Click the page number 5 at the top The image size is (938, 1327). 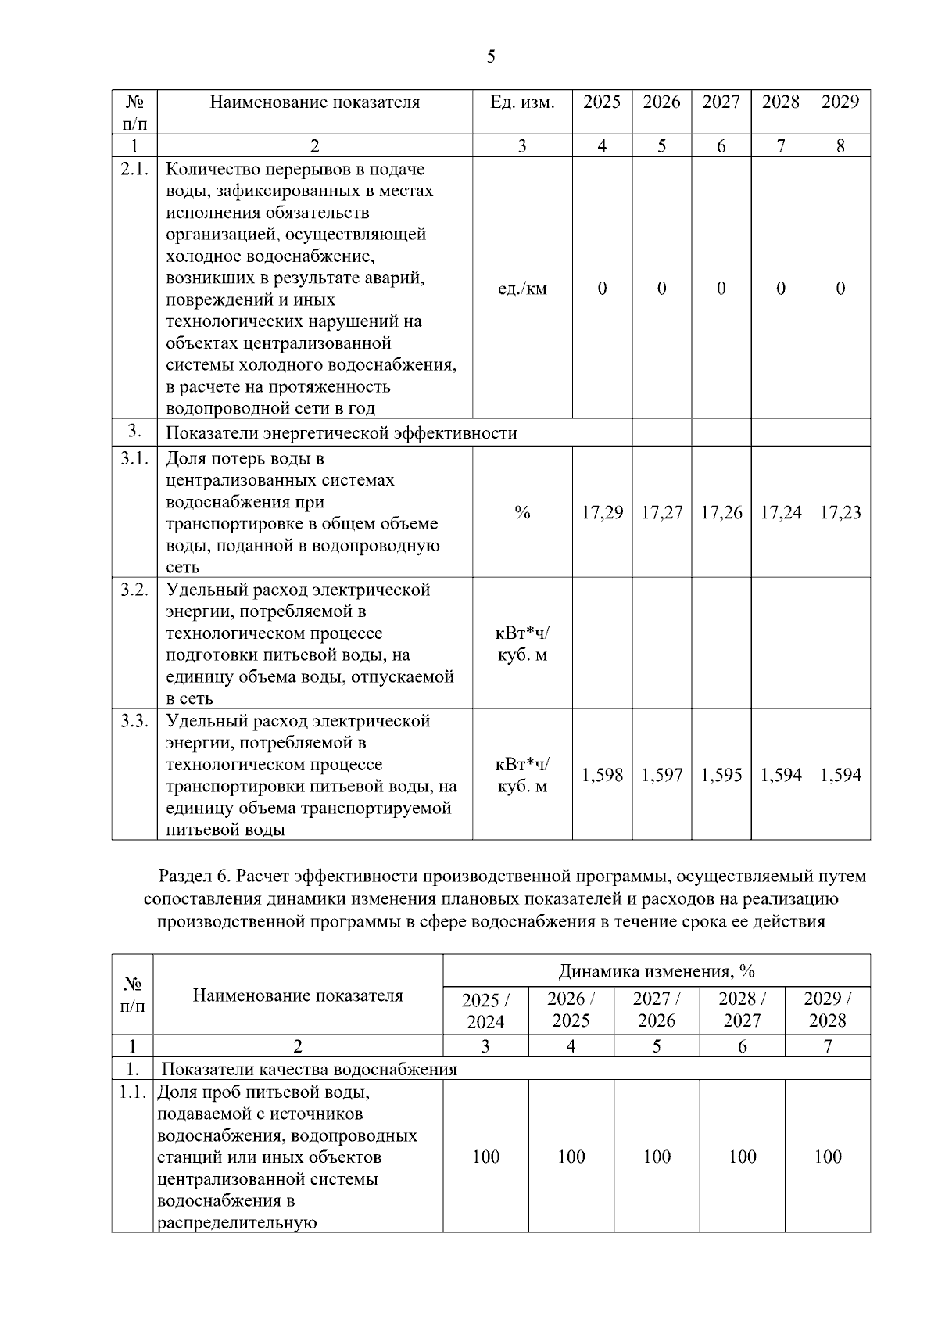[x=491, y=56]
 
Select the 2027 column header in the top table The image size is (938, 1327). [x=721, y=102]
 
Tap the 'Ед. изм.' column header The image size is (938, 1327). [x=522, y=102]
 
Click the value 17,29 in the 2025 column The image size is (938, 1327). [x=602, y=513]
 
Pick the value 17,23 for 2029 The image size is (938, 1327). [x=840, y=513]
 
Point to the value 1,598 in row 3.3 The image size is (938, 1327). [x=602, y=775]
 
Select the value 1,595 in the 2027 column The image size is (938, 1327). [x=721, y=775]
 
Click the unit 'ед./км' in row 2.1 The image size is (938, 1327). [x=522, y=289]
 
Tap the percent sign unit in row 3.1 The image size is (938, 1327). [x=522, y=513]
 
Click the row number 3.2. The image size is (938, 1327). [x=134, y=590]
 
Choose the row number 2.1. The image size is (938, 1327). [x=134, y=169]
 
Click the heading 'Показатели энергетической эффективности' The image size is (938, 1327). [x=342, y=433]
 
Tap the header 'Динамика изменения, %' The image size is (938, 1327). [x=656, y=971]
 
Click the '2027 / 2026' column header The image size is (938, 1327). [x=656, y=1010]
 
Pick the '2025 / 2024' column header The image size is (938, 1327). [x=485, y=1010]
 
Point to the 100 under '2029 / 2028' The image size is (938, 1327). [x=827, y=1157]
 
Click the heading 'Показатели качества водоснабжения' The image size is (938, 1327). [x=309, y=1069]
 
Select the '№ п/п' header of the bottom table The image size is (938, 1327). [x=133, y=995]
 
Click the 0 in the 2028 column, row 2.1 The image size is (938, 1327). [x=780, y=289]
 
